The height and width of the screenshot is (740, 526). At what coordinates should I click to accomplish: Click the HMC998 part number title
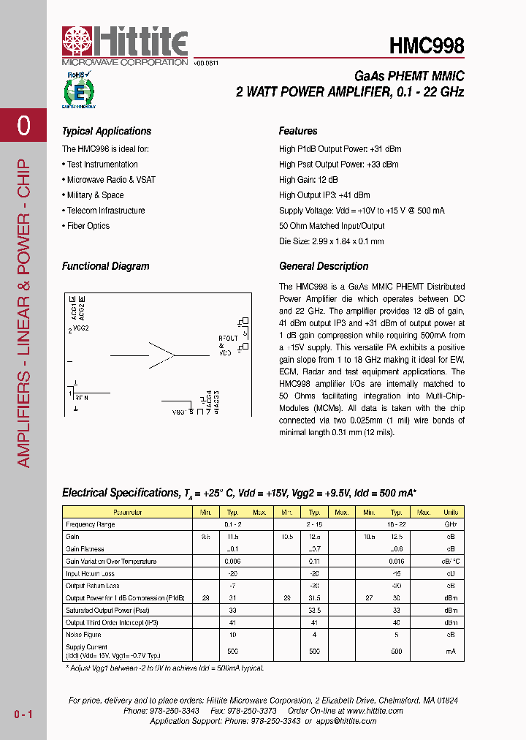pos(427,46)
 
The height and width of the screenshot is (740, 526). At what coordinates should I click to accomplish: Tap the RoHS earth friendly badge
pos(77,90)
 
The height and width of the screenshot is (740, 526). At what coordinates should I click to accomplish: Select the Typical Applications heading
pos(107,132)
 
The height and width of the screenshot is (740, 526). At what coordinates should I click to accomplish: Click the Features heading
pos(298,132)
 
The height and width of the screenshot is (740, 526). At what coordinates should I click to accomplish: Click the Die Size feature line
pos(331,241)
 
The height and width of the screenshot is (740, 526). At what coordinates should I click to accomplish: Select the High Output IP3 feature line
pos(324,195)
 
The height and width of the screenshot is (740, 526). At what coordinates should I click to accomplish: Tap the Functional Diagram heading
pos(105,267)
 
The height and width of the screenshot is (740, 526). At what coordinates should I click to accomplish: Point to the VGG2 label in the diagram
pos(81,329)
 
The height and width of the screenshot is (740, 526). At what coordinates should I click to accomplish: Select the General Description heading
pos(324,267)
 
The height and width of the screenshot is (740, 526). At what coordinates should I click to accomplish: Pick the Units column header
pos(451,513)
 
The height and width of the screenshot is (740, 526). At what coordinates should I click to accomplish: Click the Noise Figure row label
pos(83,635)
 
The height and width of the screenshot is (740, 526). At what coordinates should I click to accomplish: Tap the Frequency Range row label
pos(90,525)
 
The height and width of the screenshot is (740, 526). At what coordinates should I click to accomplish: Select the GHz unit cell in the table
pos(451,525)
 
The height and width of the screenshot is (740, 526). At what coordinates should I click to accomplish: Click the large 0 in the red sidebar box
pos(23,126)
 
